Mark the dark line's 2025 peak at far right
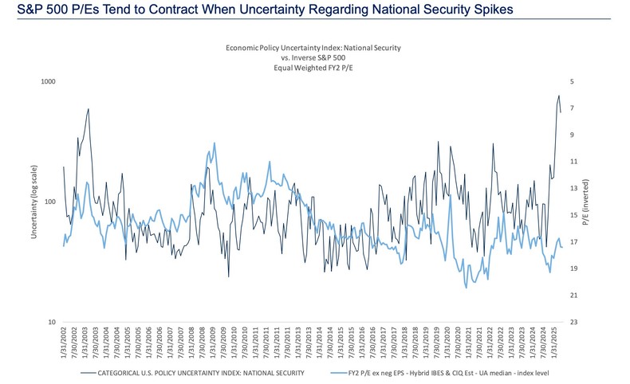pos(559,96)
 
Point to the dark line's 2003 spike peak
pos(88,109)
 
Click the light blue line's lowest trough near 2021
pos(467,287)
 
